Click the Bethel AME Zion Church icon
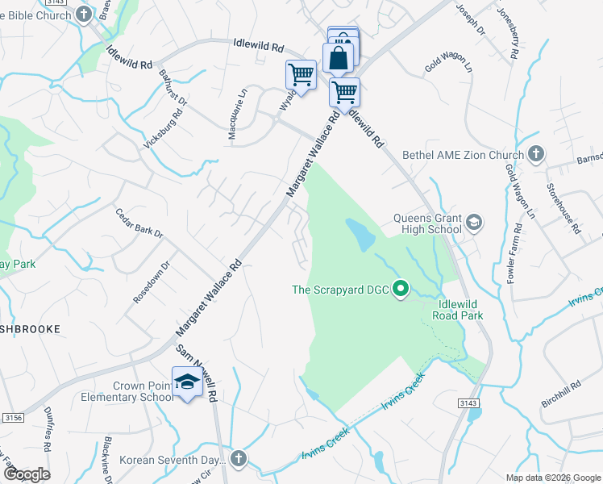(536, 154)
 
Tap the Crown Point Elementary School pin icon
(187, 382)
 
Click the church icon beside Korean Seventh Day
(238, 459)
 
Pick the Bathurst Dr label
(173, 89)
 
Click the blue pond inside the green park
(360, 232)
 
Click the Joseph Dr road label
(471, 19)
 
